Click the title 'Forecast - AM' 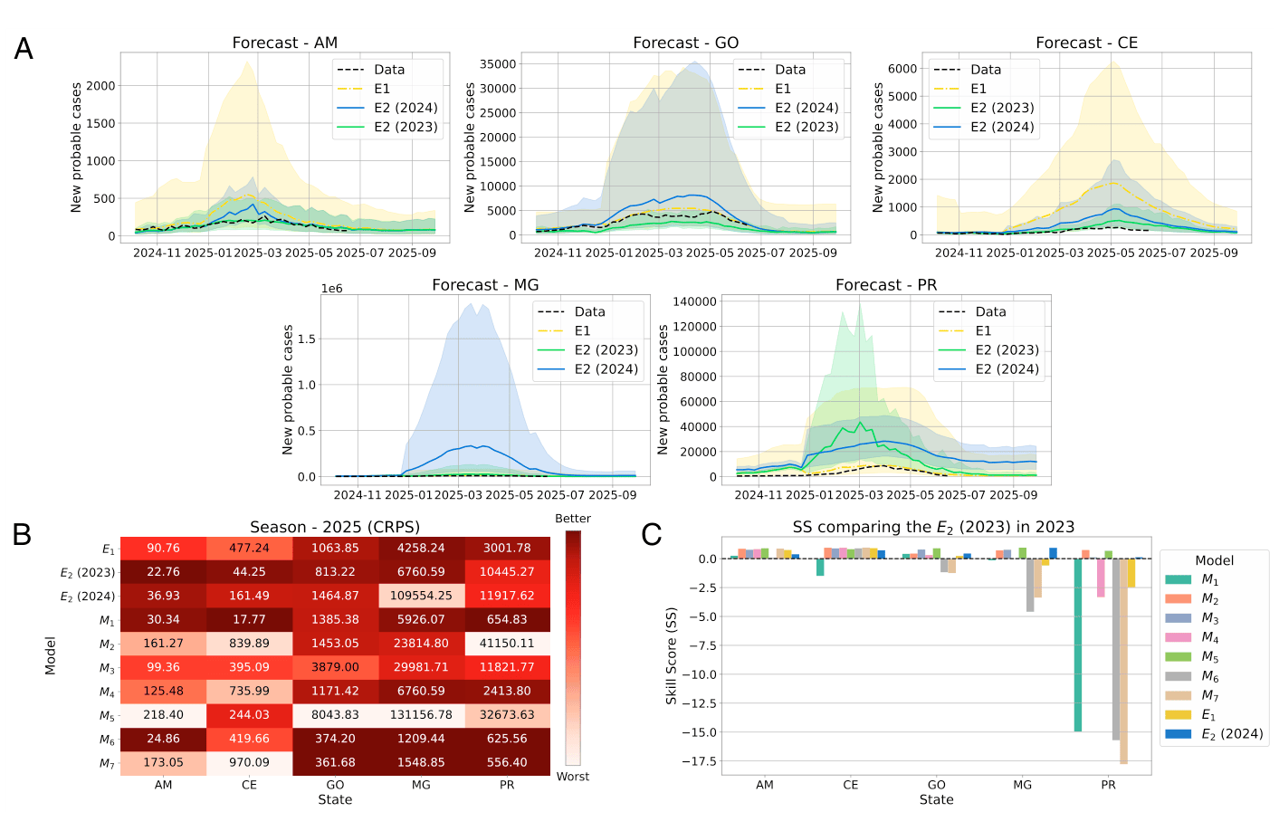[x=284, y=43]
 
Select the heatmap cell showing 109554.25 [x=421, y=596]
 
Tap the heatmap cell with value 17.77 [x=249, y=619]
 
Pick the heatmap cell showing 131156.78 [x=421, y=714]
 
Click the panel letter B [x=22, y=534]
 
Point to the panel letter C [x=651, y=534]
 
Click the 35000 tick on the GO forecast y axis [x=498, y=64]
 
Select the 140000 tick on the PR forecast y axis [x=694, y=301]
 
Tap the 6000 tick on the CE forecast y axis [x=902, y=69]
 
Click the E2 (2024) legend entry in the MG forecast [x=606, y=369]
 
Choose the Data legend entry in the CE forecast [x=985, y=70]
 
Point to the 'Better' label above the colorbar [x=573, y=519]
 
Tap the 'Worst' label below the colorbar [x=573, y=777]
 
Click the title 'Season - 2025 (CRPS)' [x=335, y=527]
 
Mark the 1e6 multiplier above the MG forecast [x=332, y=289]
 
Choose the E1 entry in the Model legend [x=1208, y=715]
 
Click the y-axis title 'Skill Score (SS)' [x=671, y=656]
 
